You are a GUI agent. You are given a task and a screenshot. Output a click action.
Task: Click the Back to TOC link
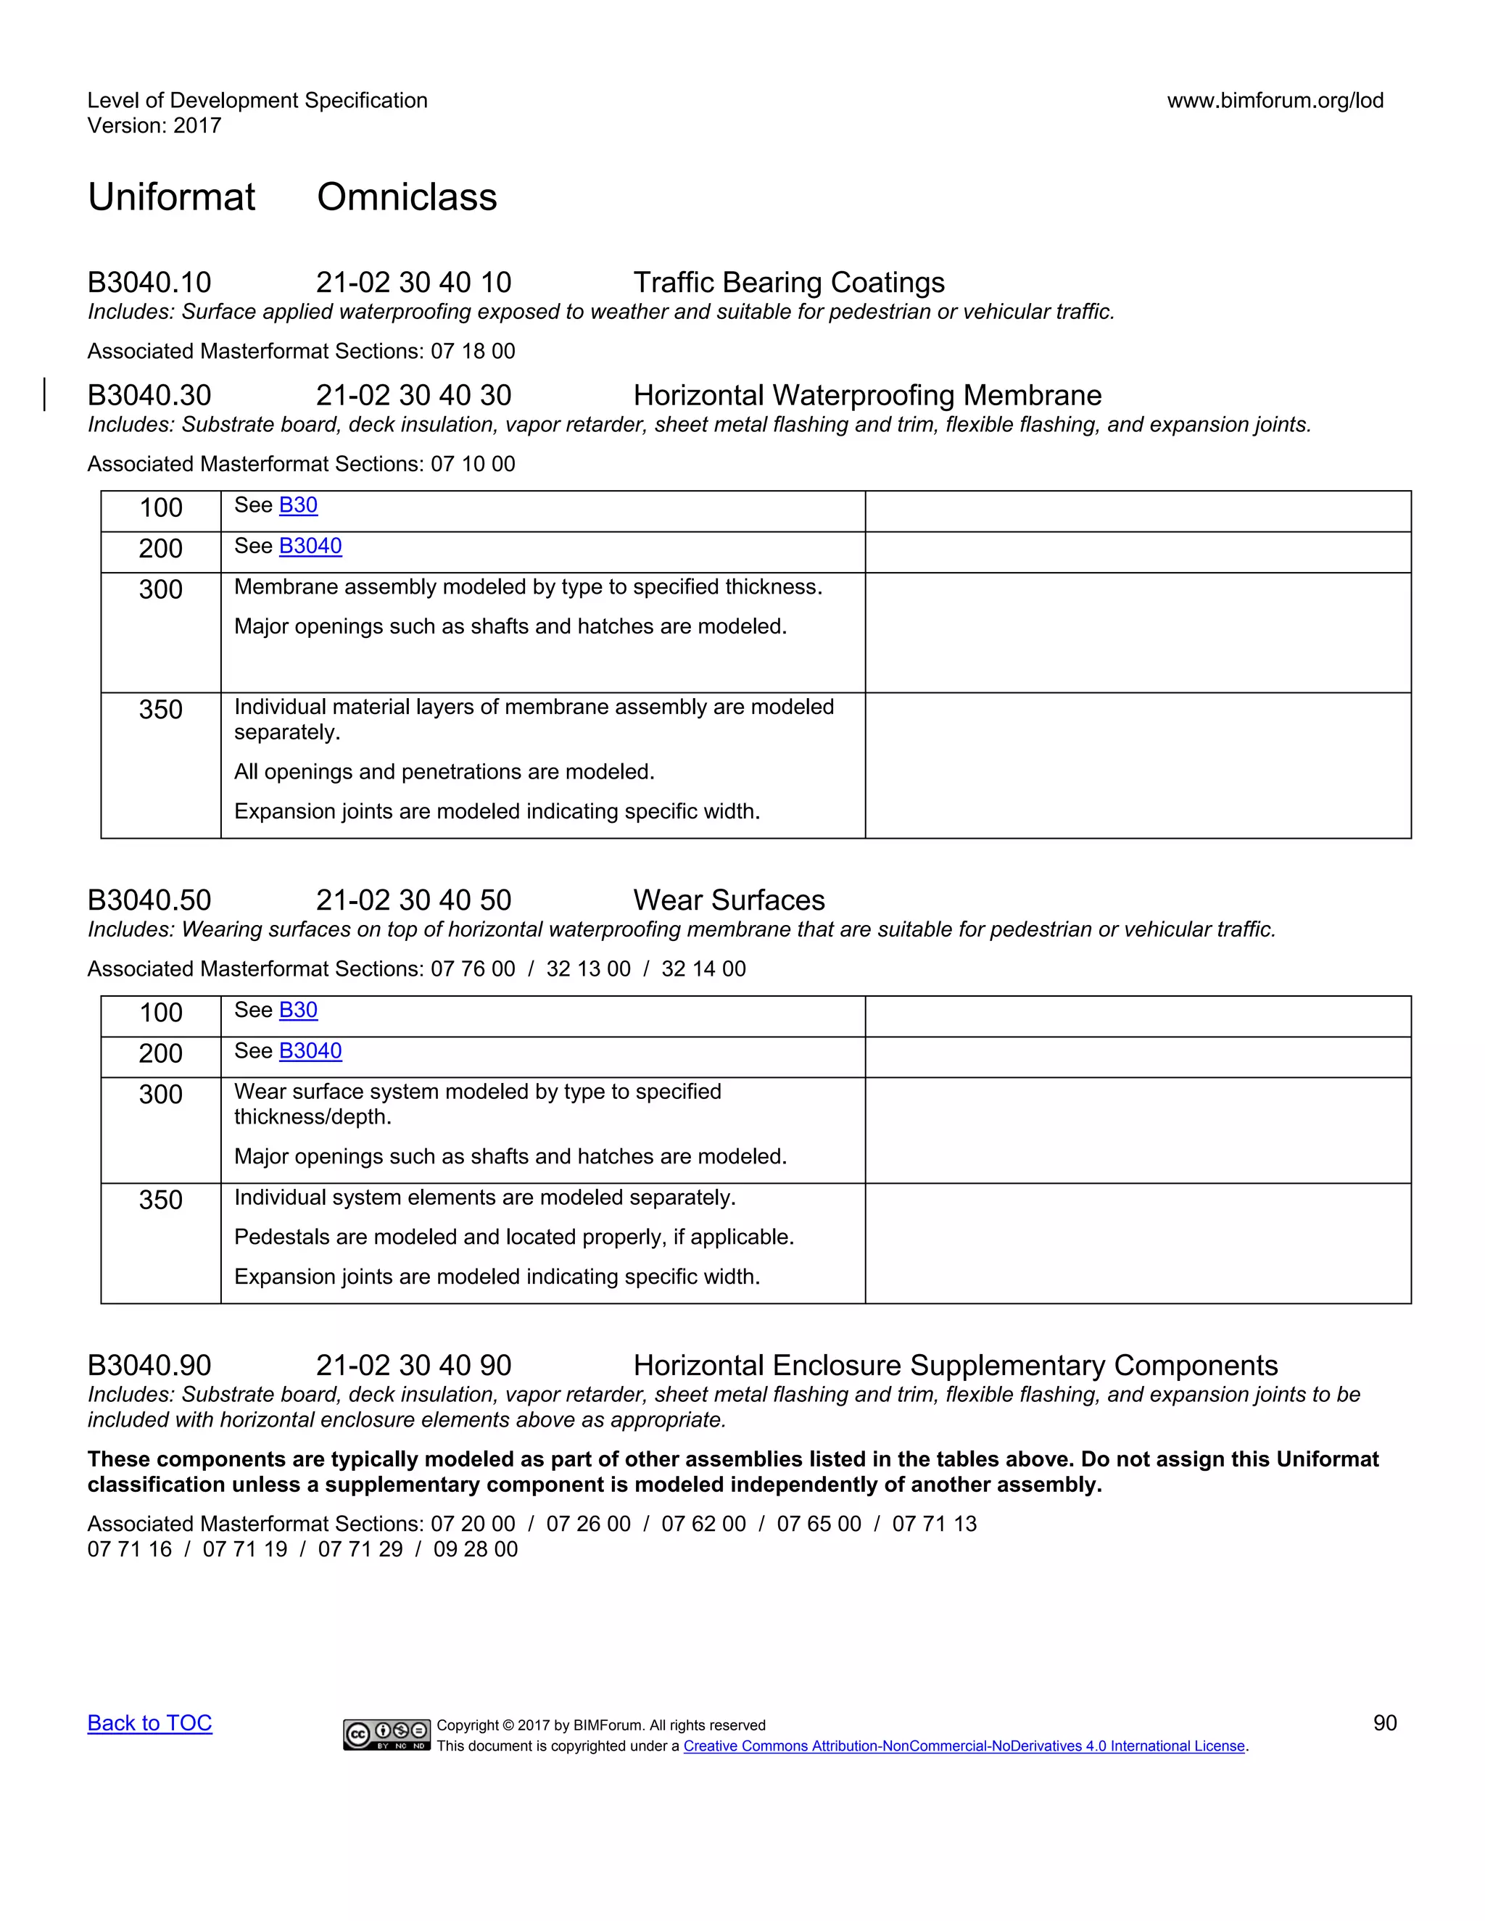149,1723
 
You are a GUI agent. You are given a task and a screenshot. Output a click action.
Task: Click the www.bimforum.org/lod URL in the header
1275,100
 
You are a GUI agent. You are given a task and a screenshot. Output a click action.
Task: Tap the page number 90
1385,1723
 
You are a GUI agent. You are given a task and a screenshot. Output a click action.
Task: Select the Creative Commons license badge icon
387,1735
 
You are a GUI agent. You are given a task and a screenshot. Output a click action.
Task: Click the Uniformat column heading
172,197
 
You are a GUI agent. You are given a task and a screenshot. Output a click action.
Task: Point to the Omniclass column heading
407,197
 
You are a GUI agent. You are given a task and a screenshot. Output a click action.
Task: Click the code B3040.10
149,282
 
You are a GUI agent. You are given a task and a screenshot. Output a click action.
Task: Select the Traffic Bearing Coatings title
788,282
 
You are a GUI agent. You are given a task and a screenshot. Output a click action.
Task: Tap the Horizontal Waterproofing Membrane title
866,395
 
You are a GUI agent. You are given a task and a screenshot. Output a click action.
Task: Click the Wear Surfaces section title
729,900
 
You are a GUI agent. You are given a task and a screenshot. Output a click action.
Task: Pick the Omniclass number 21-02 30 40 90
413,1365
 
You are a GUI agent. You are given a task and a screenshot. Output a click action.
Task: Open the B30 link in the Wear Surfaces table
298,1010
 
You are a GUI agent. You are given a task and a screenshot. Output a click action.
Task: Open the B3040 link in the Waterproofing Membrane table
310,547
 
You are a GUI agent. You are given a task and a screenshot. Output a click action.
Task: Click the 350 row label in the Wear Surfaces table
161,1200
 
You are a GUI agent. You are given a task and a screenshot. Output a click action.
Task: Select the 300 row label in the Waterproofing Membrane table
161,589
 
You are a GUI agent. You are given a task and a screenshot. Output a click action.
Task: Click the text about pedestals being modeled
514,1237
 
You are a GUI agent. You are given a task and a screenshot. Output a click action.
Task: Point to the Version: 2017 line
155,126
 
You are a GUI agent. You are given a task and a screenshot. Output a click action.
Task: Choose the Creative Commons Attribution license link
964,1746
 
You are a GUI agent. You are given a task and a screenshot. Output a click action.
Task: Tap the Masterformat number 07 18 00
473,351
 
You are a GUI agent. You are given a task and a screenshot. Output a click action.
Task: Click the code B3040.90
149,1365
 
